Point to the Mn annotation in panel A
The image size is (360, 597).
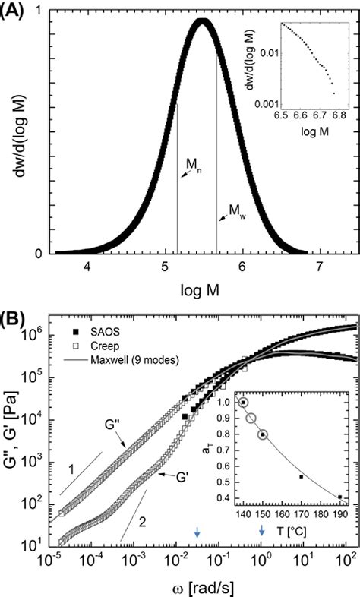tap(193, 163)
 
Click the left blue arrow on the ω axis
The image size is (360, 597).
tap(197, 533)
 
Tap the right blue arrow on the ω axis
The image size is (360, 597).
tap(262, 533)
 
